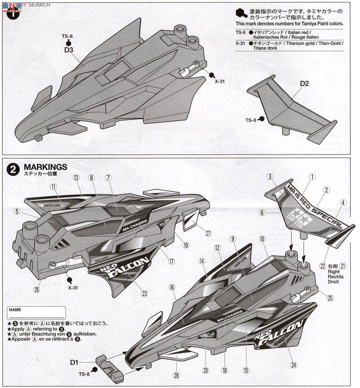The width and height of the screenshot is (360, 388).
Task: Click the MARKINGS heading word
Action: (45, 167)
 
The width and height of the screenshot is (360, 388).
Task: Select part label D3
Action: (68, 50)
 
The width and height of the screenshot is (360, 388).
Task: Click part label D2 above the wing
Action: (304, 83)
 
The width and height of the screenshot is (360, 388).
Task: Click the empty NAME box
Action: (36, 314)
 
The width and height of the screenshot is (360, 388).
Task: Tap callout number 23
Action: (144, 294)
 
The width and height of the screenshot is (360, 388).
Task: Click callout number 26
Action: (37, 290)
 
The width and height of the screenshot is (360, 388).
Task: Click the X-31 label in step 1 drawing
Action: (219, 81)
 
